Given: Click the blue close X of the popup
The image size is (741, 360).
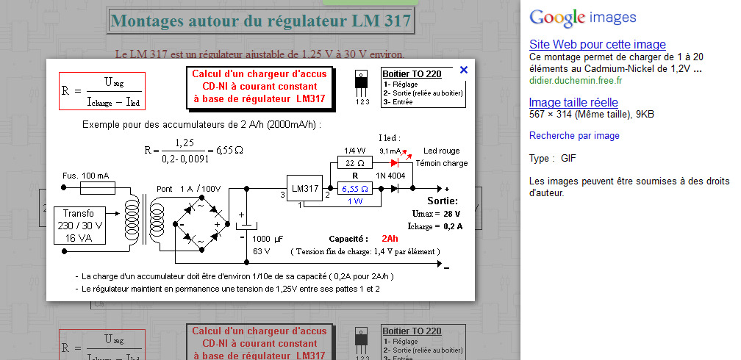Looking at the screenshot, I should click(463, 70).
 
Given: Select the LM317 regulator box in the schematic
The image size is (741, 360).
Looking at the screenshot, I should click(304, 189).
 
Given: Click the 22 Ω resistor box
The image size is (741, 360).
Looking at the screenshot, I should click(355, 162).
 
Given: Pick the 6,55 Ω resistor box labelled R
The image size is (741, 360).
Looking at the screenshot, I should click(355, 189).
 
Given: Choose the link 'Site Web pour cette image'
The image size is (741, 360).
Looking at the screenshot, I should click(597, 45).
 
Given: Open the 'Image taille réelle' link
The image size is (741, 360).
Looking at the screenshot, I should click(573, 102).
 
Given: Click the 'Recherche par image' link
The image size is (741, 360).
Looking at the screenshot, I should click(574, 136).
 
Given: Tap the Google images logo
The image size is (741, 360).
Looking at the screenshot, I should click(583, 18).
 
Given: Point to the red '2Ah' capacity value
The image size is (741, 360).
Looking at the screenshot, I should click(390, 239).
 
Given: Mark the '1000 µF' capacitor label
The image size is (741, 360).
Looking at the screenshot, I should click(268, 239).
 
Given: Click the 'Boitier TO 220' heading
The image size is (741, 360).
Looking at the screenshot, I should click(412, 73).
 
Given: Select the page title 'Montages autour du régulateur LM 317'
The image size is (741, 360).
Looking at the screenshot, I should click(260, 21).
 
